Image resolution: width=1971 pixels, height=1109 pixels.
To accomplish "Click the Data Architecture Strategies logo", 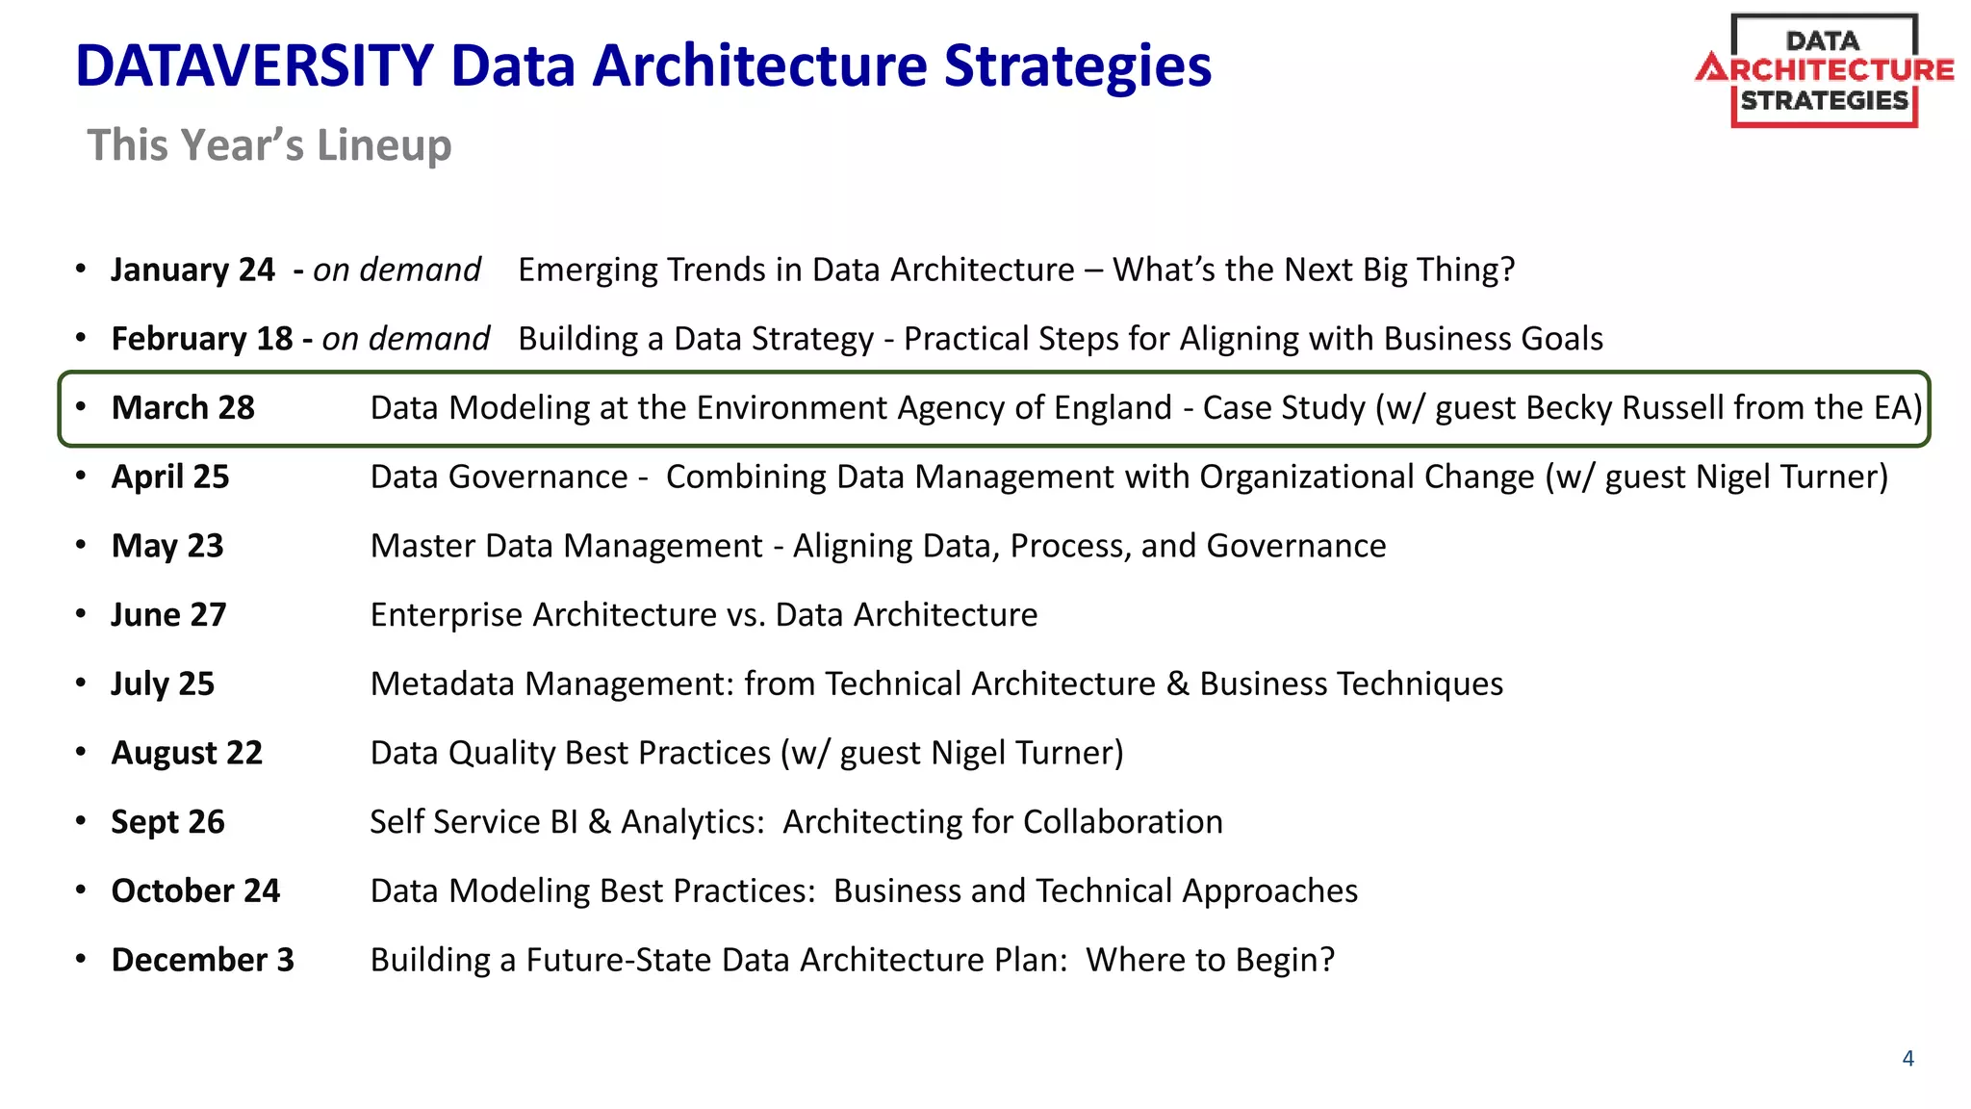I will [x=1824, y=70].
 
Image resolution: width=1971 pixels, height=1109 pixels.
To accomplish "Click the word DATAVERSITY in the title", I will [x=254, y=66].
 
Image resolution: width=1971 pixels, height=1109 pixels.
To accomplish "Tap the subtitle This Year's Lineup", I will [x=269, y=145].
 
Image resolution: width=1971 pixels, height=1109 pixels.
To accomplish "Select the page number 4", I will [x=1907, y=1059].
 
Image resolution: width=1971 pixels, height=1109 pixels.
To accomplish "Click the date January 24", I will [x=192, y=270].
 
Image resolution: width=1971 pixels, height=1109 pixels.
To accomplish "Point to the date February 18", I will [x=201, y=339].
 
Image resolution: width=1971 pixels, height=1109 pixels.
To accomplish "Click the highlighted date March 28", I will [x=183, y=408].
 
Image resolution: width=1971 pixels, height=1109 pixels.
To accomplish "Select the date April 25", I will [x=170, y=477].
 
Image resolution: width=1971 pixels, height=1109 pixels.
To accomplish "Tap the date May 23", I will [x=167, y=546].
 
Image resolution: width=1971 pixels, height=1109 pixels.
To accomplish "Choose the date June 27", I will [x=168, y=615].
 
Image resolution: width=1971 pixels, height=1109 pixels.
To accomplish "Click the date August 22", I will [x=187, y=753].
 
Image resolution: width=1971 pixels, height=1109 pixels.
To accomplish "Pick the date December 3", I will [x=202, y=960].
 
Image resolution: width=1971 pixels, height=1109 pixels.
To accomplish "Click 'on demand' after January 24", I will [x=397, y=270].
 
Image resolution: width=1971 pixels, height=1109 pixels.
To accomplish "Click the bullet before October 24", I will [x=81, y=890].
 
